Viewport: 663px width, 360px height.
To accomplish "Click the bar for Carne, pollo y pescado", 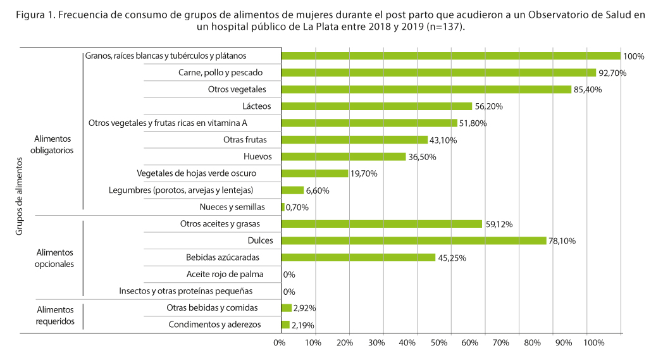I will (x=438, y=73).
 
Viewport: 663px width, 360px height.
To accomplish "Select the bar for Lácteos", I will (x=376, y=106).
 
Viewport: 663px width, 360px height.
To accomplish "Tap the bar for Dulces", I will (x=413, y=240).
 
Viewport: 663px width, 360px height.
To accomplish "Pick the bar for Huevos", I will (x=343, y=157).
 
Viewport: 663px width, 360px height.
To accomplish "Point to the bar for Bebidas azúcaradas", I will (x=358, y=258).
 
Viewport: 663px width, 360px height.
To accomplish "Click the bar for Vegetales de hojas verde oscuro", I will (x=314, y=173).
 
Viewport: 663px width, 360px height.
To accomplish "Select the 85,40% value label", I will (x=588, y=90).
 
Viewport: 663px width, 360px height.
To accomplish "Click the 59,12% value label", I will (x=500, y=224).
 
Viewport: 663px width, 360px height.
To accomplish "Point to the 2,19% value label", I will (x=303, y=325).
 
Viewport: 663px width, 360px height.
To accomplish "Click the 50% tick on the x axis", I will (x=437, y=343).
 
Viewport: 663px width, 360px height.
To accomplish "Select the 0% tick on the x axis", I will (x=279, y=343).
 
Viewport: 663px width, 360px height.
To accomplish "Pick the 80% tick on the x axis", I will (x=531, y=343).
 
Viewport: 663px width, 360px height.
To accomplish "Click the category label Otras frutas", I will (x=245, y=140).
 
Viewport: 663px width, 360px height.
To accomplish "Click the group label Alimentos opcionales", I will (x=55, y=258).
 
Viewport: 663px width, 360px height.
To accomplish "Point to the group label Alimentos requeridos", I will (x=55, y=316).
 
